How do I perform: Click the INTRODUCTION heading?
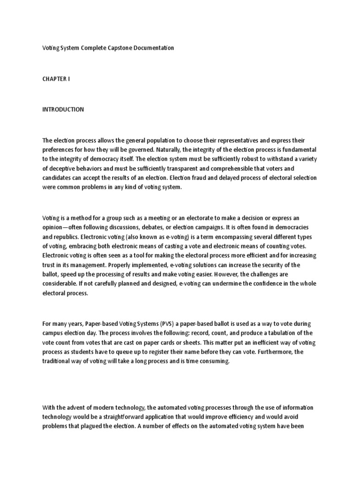[x=63, y=109]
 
